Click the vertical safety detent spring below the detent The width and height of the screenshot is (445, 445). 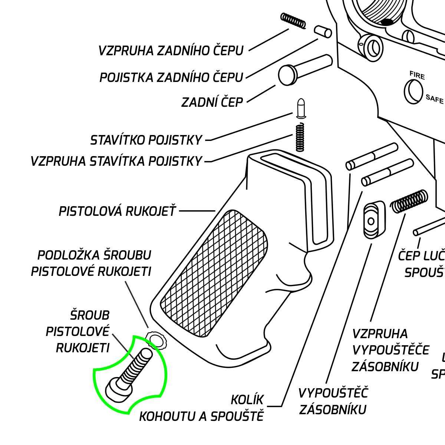[x=300, y=137]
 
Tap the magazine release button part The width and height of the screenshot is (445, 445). [x=373, y=219]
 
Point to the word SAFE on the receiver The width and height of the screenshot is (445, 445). [x=434, y=99]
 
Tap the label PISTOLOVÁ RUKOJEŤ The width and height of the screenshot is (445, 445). [x=117, y=211]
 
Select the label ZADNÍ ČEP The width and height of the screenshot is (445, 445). [x=212, y=102]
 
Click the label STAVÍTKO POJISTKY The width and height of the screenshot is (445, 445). [x=146, y=140]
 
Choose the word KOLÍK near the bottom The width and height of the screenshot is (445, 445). [x=247, y=400]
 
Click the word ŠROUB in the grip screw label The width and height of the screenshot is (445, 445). [x=90, y=315]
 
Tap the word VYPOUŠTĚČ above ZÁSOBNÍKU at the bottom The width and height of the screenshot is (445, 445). [x=333, y=393]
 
